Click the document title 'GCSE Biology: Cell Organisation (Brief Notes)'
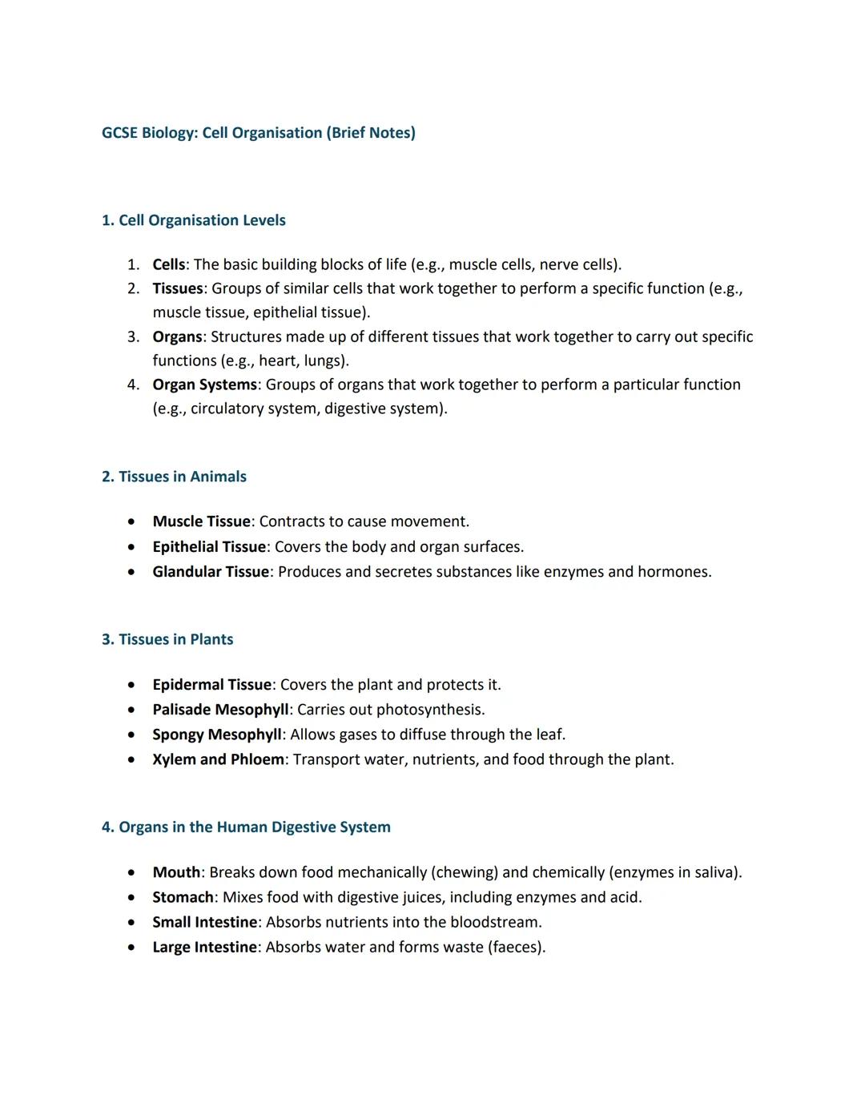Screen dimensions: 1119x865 pyautogui.click(x=258, y=133)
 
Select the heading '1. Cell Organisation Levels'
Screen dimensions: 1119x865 pyautogui.click(x=193, y=220)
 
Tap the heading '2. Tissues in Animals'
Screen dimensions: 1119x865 pyautogui.click(x=174, y=477)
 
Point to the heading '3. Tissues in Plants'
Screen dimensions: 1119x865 pyautogui.click(x=167, y=639)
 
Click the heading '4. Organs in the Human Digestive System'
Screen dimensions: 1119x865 pyautogui.click(x=246, y=827)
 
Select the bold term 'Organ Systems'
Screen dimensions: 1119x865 pyautogui.click(x=204, y=384)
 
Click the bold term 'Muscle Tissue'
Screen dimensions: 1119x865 pyautogui.click(x=201, y=521)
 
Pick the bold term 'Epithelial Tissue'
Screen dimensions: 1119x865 pyautogui.click(x=209, y=546)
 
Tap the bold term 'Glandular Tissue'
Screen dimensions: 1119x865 pyautogui.click(x=211, y=571)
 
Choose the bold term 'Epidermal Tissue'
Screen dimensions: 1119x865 pyautogui.click(x=212, y=685)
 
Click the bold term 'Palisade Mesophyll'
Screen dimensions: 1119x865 pyautogui.click(x=220, y=710)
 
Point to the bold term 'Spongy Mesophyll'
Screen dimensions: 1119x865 pyautogui.click(x=217, y=735)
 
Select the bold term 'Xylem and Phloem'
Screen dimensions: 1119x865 pyautogui.click(x=218, y=759)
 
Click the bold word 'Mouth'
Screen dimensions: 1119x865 pyautogui.click(x=176, y=872)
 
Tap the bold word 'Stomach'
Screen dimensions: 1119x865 pyautogui.click(x=183, y=897)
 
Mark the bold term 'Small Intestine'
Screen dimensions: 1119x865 pyautogui.click(x=205, y=922)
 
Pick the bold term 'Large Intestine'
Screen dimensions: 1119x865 pyautogui.click(x=205, y=947)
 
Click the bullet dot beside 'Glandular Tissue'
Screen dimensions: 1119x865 pyautogui.click(x=131, y=572)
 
